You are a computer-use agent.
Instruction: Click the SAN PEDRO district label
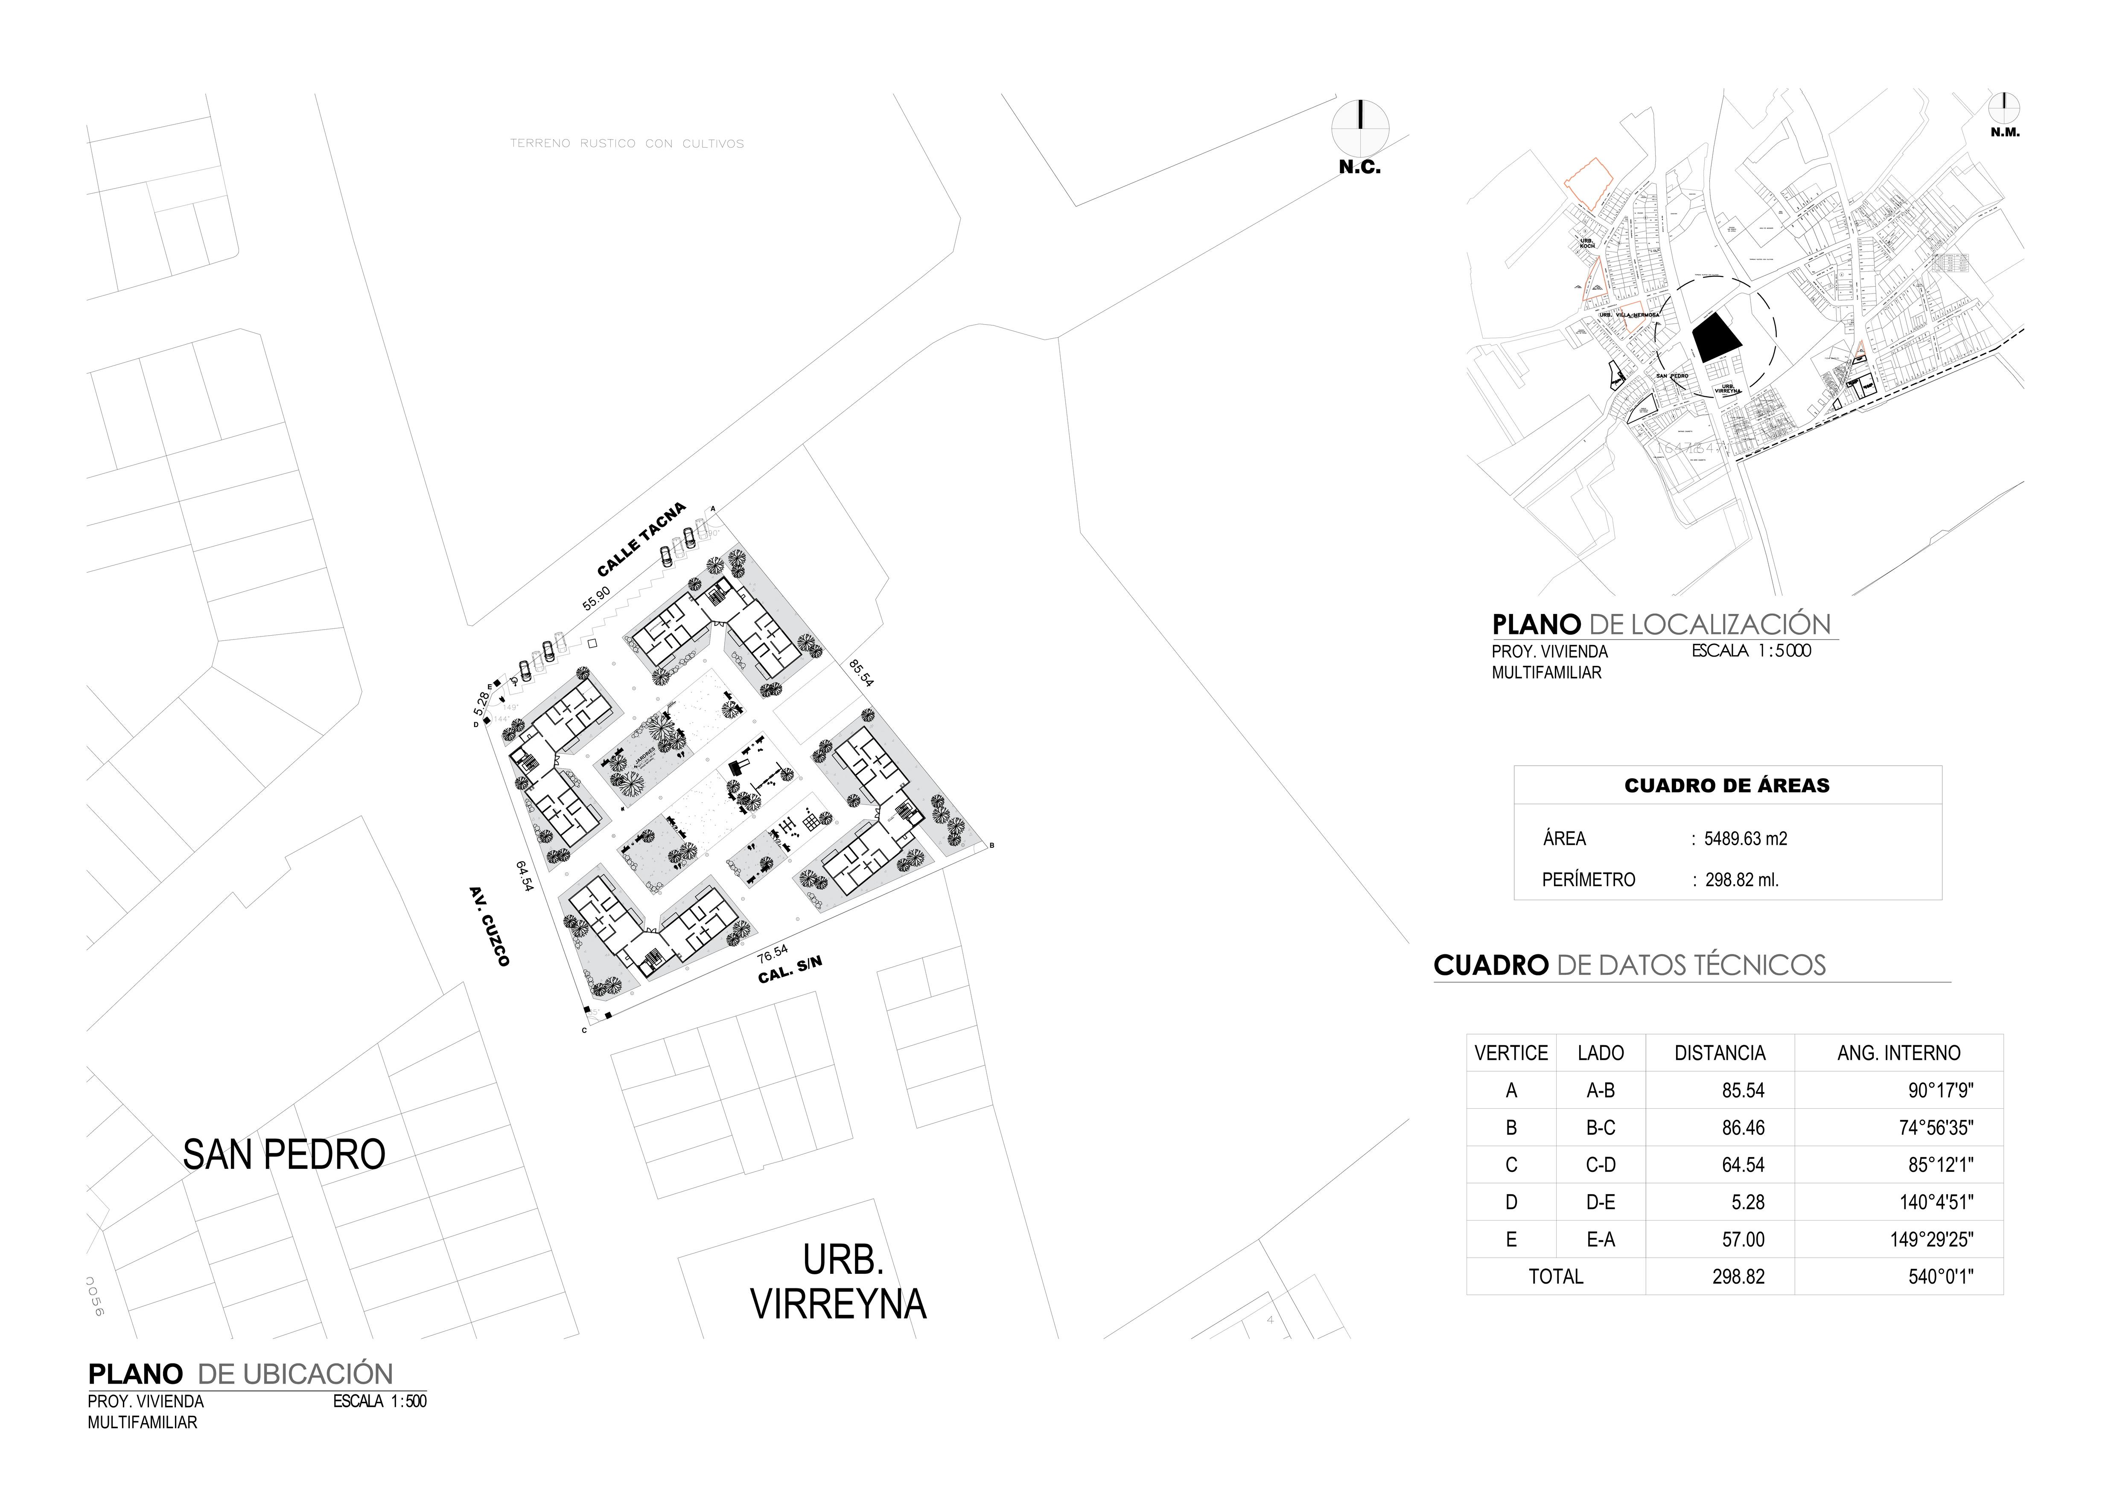283,1154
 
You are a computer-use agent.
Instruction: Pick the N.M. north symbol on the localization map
2005,109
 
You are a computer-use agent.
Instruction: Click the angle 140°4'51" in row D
1932,1203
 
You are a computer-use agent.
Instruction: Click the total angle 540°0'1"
1941,1276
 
